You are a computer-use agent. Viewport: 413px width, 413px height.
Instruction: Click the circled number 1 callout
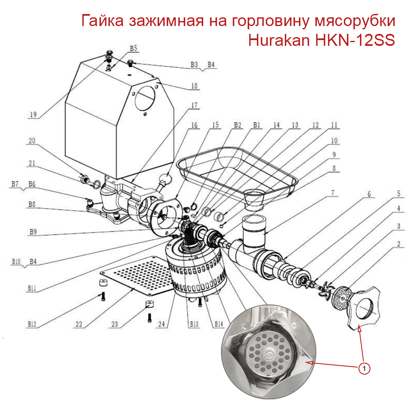(x=364, y=368)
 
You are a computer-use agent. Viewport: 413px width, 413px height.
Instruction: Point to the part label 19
(x=34, y=115)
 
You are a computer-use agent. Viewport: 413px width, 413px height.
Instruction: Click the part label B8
(x=32, y=204)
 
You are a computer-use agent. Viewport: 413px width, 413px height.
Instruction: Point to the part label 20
(x=32, y=141)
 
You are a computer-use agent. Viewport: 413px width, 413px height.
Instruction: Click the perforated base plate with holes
(x=136, y=275)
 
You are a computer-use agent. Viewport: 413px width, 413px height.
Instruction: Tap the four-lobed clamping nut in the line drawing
(x=363, y=307)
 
